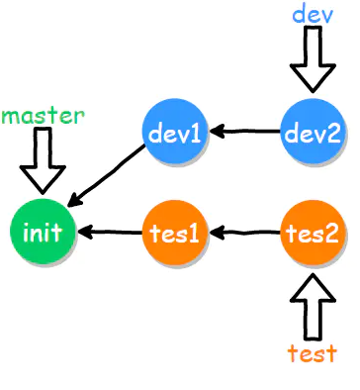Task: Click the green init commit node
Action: [43, 232]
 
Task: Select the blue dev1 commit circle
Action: [175, 132]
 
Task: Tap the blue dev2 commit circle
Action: [313, 132]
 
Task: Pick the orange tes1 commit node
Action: [175, 233]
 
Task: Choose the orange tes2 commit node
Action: [313, 233]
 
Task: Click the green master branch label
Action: [43, 116]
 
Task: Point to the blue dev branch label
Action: [313, 14]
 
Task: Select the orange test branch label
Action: [313, 353]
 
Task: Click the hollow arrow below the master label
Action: [43, 160]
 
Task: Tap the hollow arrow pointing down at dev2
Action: [313, 59]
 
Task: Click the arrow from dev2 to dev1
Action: [244, 132]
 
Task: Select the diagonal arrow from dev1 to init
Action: [106, 176]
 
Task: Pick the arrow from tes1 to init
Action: [111, 232]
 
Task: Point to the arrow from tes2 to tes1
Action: [244, 233]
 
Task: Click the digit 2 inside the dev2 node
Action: [332, 134]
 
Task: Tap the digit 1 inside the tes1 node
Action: [194, 234]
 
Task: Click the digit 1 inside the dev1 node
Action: [195, 134]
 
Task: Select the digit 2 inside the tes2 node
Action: [330, 234]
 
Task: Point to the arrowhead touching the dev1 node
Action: [217, 132]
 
